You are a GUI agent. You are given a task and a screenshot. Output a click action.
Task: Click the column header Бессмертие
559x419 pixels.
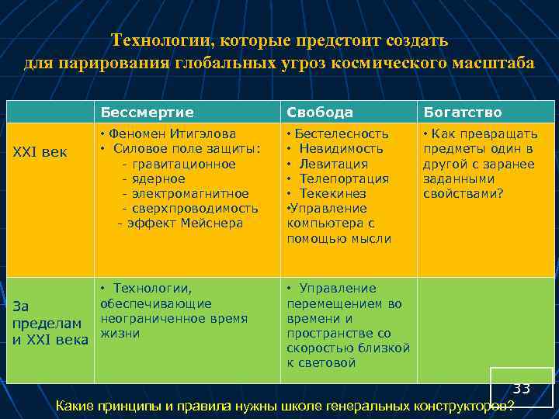pos(147,113)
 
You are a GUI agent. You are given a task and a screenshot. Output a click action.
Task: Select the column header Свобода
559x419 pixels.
pos(320,113)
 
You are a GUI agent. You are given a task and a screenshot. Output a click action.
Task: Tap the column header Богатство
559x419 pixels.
pos(462,113)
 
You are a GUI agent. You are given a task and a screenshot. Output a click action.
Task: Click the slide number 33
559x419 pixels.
pos(521,388)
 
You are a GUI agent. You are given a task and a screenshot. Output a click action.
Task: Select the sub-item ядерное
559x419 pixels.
pos(158,178)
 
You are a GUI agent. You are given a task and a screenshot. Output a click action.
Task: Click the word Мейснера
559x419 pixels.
pos(212,223)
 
